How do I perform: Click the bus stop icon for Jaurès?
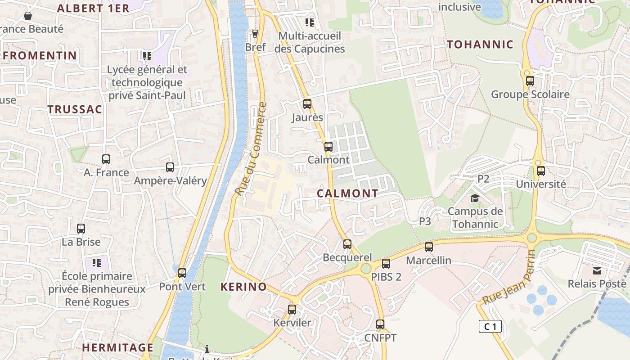coord(307,104)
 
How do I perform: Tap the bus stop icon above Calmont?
coord(328,146)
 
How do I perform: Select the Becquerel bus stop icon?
coord(347,244)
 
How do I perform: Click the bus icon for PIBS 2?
coord(386,264)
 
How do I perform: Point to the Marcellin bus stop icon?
coord(429,247)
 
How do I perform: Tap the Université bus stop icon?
coord(541,171)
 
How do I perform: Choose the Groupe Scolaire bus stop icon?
coord(530,81)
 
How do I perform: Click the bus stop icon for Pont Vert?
coord(182,273)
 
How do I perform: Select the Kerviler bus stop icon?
coord(292,310)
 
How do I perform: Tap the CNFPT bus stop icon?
coord(380,324)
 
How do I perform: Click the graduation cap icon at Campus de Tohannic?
coord(475,198)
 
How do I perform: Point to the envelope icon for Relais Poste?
coord(597,270)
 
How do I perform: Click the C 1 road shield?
coord(490,326)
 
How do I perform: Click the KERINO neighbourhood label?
coord(243,287)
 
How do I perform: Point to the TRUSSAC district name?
coord(75,109)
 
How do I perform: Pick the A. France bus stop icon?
coord(106,159)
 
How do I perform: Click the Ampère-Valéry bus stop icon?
coord(170,167)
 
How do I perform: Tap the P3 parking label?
coord(425,221)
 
